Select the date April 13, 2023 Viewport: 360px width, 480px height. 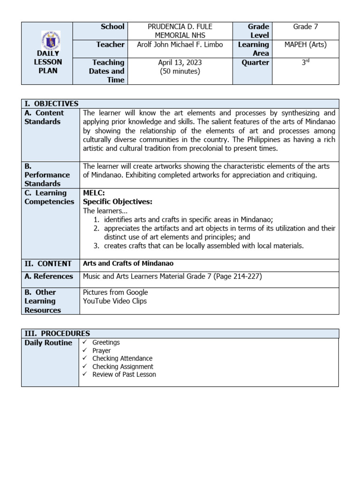pos(173,62)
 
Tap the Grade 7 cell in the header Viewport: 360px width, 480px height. pos(305,27)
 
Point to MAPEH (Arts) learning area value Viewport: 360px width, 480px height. pos(305,45)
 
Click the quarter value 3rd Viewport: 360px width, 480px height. pos(305,62)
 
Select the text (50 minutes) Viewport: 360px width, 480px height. pos(173,71)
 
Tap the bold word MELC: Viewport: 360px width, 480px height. pos(94,193)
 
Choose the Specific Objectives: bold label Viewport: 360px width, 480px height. pos(118,202)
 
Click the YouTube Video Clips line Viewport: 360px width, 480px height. pos(115,301)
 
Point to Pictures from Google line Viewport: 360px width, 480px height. pos(115,292)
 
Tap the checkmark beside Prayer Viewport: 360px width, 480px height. pos(85,351)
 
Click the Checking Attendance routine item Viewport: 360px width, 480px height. pos(122,359)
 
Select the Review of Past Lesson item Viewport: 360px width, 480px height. pos(124,375)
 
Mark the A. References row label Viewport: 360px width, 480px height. pos(49,277)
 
